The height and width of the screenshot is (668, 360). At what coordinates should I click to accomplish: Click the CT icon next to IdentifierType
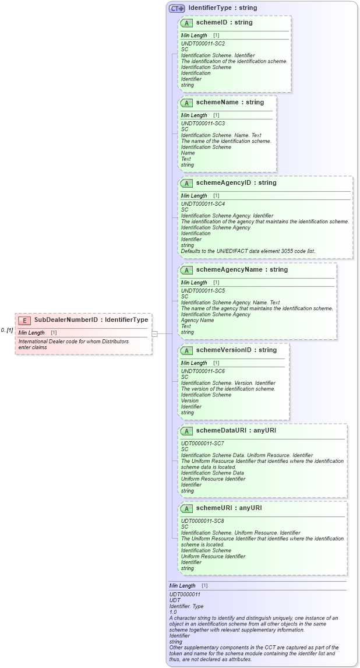point(177,9)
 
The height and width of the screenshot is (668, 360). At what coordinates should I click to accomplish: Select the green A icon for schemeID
point(186,23)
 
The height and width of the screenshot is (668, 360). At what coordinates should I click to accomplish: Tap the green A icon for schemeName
point(186,103)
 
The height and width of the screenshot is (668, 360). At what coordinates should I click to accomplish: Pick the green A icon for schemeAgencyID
point(186,183)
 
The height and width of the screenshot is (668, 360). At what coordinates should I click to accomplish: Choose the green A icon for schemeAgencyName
point(186,270)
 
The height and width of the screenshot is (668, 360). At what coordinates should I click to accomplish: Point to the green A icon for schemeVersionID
point(186,350)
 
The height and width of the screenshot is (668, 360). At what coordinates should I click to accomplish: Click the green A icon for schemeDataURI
point(186,431)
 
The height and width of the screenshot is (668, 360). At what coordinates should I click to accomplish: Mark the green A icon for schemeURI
point(186,508)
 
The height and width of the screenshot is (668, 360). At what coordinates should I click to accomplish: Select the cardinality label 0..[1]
point(7,330)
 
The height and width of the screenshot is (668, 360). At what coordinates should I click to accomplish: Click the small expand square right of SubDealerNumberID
point(155,334)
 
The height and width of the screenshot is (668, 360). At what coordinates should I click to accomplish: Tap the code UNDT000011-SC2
point(203,43)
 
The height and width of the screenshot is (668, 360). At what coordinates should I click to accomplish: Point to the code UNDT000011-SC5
point(203,290)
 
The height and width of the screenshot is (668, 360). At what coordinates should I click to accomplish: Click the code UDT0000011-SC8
point(203,521)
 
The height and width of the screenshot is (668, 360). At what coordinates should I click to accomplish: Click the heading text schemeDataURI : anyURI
point(236,431)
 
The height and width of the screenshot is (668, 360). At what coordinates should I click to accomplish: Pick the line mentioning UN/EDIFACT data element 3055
point(248,251)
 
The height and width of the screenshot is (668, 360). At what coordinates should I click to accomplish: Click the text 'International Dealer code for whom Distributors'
point(73,341)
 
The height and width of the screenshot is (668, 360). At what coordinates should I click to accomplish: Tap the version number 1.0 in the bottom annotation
point(173,612)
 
